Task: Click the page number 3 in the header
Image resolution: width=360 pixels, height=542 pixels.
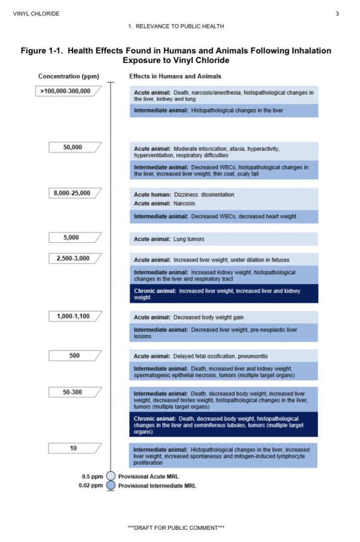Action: pyautogui.click(x=337, y=14)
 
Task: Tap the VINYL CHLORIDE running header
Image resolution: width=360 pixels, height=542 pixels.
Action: pyautogui.click(x=36, y=14)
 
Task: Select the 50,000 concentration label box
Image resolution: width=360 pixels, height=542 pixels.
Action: pyautogui.click(x=73, y=147)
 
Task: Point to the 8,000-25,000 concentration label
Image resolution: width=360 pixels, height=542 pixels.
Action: pyautogui.click(x=73, y=193)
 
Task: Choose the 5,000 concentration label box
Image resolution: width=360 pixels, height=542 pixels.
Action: pyautogui.click(x=73, y=238)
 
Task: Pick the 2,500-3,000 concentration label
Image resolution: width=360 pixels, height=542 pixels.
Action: pyautogui.click(x=73, y=258)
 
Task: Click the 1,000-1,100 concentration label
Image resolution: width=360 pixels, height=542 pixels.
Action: pyautogui.click(x=73, y=317)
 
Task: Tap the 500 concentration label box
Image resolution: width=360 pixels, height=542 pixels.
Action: pyautogui.click(x=74, y=355)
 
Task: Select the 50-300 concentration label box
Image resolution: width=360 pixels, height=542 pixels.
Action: pyautogui.click(x=73, y=392)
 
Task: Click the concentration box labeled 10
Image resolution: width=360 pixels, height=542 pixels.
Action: pyautogui.click(x=73, y=448)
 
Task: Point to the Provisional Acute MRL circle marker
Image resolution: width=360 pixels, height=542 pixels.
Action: pyautogui.click(x=111, y=476)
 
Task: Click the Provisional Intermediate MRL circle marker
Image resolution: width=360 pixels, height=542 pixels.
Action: pyautogui.click(x=111, y=485)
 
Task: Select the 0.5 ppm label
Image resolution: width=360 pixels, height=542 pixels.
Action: pyautogui.click(x=93, y=476)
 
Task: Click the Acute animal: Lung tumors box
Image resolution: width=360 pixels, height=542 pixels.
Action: pyautogui.click(x=223, y=239)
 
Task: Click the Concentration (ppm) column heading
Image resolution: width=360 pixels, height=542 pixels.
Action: pyautogui.click(x=69, y=76)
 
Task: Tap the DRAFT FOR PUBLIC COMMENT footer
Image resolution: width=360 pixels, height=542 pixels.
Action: pyautogui.click(x=179, y=528)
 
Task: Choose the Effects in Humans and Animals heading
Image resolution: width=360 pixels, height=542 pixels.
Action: pyautogui.click(x=175, y=76)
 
